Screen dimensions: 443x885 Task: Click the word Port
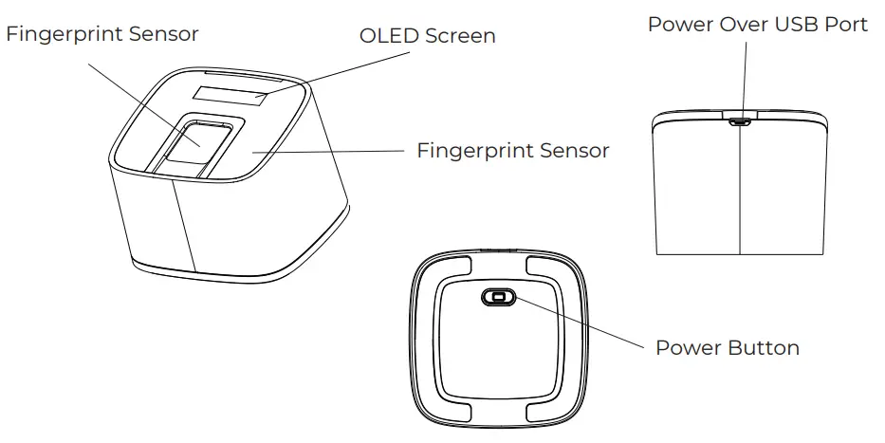click(846, 25)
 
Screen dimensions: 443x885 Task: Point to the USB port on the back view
click(739, 120)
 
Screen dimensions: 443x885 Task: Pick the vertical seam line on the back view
click(739, 190)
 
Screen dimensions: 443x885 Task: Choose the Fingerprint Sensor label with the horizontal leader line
click(512, 151)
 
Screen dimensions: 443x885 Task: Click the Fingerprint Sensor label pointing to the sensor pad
click(102, 34)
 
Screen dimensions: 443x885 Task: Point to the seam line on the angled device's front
click(183, 224)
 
